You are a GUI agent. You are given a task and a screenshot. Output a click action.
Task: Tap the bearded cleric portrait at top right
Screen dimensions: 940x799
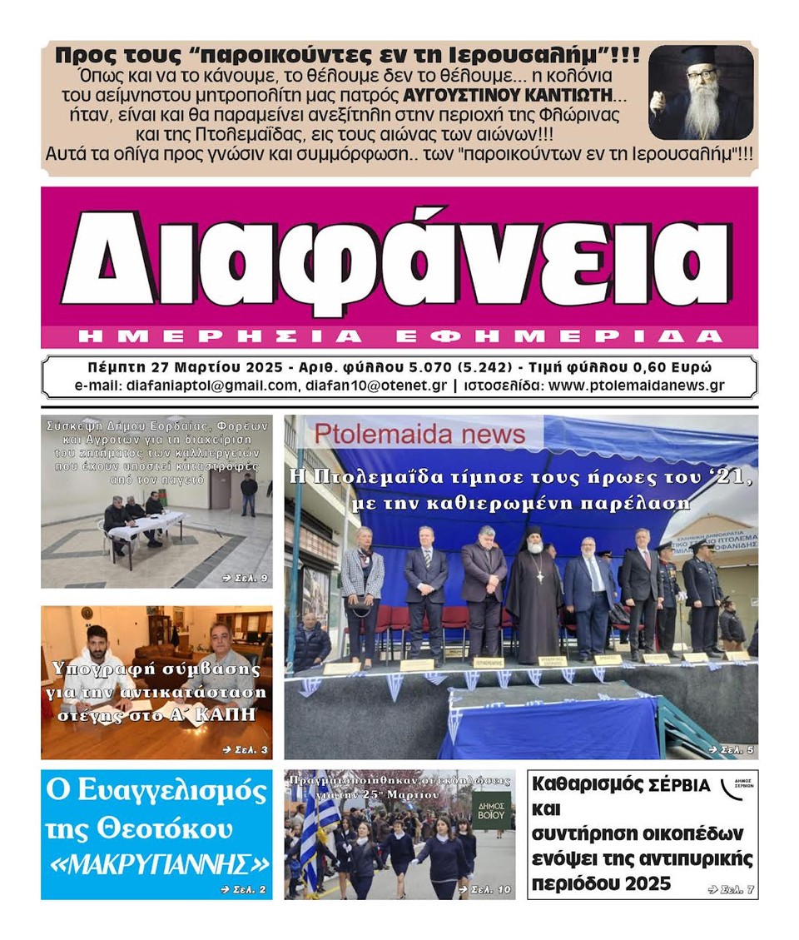(701, 92)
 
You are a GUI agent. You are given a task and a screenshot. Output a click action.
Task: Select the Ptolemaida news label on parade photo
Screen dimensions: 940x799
(419, 434)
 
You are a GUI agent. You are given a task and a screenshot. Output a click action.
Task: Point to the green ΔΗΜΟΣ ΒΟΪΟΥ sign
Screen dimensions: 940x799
(491, 806)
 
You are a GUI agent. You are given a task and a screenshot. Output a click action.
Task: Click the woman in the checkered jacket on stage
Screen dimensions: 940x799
(362, 587)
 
